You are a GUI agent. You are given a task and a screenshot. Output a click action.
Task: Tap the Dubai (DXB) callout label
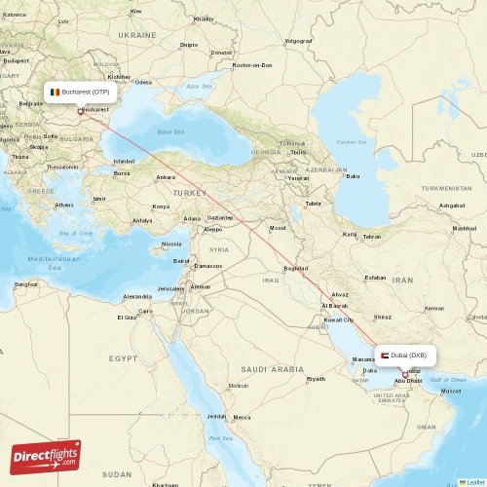tap(407, 356)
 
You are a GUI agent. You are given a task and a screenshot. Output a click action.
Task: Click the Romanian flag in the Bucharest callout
tap(55, 92)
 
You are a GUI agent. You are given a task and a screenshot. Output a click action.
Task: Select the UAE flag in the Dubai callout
tap(386, 356)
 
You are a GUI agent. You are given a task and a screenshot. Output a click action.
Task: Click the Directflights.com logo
tap(46, 455)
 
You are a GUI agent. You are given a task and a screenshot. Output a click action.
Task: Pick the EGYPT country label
tap(123, 358)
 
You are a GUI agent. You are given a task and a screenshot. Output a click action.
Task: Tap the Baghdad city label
tap(295, 268)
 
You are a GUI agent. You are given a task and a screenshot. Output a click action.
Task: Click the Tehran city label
tap(372, 237)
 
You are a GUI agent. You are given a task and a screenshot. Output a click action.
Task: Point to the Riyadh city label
tap(316, 379)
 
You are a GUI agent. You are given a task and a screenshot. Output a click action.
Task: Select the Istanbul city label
tap(124, 161)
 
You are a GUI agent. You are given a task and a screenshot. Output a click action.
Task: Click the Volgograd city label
tap(298, 41)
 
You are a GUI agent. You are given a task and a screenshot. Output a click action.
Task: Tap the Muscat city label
tap(451, 391)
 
